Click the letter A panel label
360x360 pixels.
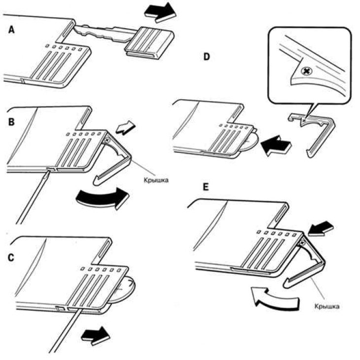point(11,30)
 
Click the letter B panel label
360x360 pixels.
point(11,122)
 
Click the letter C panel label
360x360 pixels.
point(11,258)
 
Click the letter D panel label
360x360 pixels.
point(207,57)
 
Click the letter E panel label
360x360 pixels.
point(206,187)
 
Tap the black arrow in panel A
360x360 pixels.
point(160,12)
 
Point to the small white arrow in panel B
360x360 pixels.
point(126,128)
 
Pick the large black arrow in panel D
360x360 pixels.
point(276,145)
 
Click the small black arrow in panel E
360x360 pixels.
point(321,228)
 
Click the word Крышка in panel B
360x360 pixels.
point(156,180)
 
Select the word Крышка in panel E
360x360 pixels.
point(327,306)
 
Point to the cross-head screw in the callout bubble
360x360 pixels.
point(306,72)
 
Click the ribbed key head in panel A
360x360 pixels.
point(150,43)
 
